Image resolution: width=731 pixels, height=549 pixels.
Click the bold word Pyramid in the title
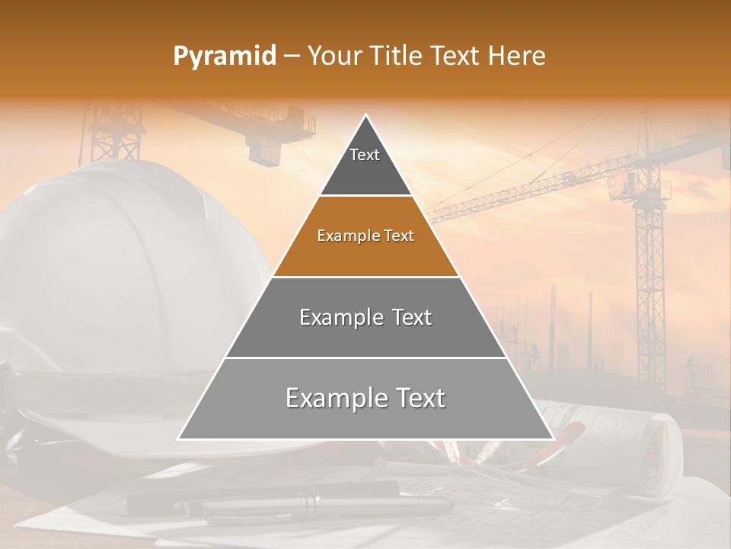[x=224, y=56]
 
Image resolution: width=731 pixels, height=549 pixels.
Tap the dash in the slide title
[x=292, y=56]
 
